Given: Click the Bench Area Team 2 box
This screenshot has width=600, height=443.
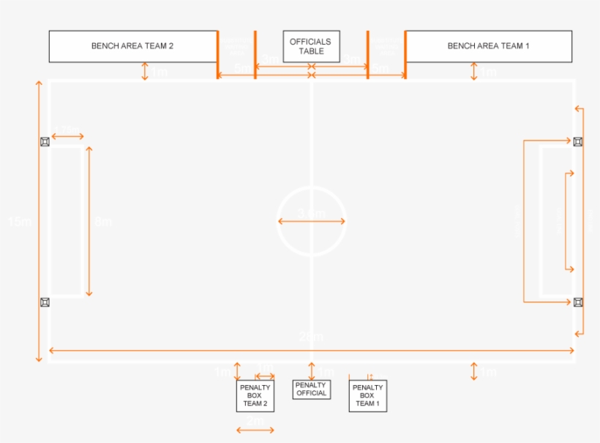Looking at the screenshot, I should coord(132,46).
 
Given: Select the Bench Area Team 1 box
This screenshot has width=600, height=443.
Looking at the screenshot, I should coord(488,46).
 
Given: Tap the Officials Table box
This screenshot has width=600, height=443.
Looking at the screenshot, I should coord(311,46).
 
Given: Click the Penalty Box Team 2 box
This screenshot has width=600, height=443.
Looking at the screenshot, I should coord(255,395).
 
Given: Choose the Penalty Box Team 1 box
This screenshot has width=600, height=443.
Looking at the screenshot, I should coord(367,395).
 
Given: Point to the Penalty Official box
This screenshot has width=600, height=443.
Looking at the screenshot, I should coord(311,389).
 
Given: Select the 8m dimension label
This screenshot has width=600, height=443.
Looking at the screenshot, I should coord(103,221).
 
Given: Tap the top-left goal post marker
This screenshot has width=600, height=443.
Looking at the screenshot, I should coord(45,141).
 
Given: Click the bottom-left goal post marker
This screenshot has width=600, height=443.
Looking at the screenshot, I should coord(45,302).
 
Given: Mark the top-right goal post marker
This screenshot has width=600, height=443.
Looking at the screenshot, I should coord(578,141).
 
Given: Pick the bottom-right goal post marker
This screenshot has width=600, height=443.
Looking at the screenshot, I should coord(578,302).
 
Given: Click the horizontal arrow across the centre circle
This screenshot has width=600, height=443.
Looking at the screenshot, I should coord(311,220).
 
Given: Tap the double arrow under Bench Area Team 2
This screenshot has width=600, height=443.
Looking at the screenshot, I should coord(145,72).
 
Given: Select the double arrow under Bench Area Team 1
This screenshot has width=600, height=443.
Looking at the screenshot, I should coord(474,72).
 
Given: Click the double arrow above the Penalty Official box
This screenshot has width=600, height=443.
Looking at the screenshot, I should coord(312,371).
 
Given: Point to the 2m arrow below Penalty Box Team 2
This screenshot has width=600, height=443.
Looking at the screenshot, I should coord(255,430).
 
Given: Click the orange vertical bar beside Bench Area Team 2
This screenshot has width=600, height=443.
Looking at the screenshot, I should coord(217,53).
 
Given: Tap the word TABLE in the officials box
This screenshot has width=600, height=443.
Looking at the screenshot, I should coord(311,51).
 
